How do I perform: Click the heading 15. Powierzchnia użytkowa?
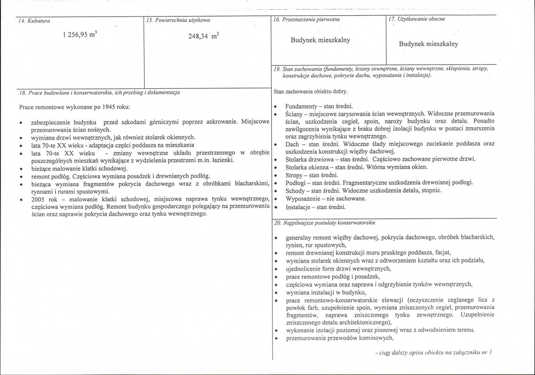178,20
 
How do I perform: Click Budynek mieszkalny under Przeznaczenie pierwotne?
320,40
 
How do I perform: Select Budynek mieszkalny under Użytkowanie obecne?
428,44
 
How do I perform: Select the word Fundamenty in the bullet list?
301,106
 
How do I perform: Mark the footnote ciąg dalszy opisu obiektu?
432,353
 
